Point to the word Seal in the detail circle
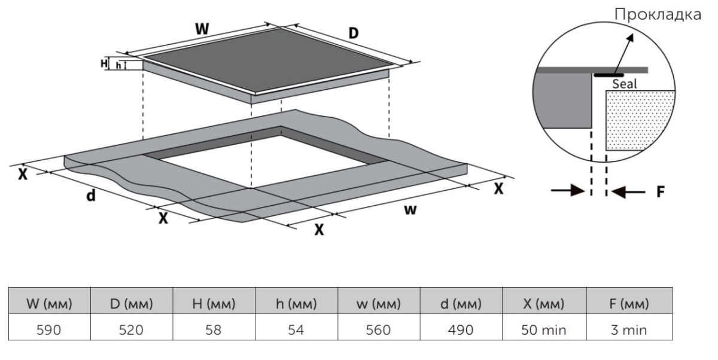click(624, 84)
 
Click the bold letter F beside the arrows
click(661, 192)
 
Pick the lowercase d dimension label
click(91, 195)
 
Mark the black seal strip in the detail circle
click(613, 75)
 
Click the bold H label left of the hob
click(104, 63)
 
